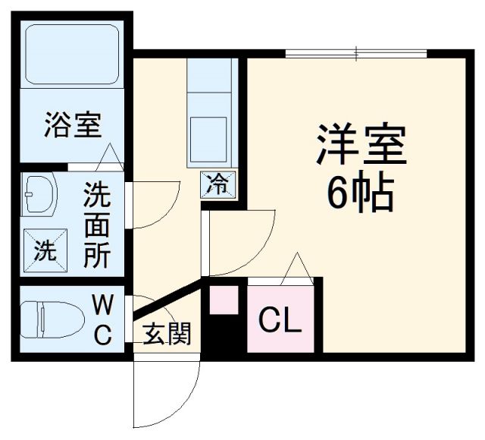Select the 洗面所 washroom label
tap(97, 225)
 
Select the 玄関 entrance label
tap(167, 334)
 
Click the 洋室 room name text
tap(361, 143)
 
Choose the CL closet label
tap(280, 321)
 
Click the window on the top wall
tap(356, 53)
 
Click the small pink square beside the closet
tap(224, 299)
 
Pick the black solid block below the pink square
tap(224, 334)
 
